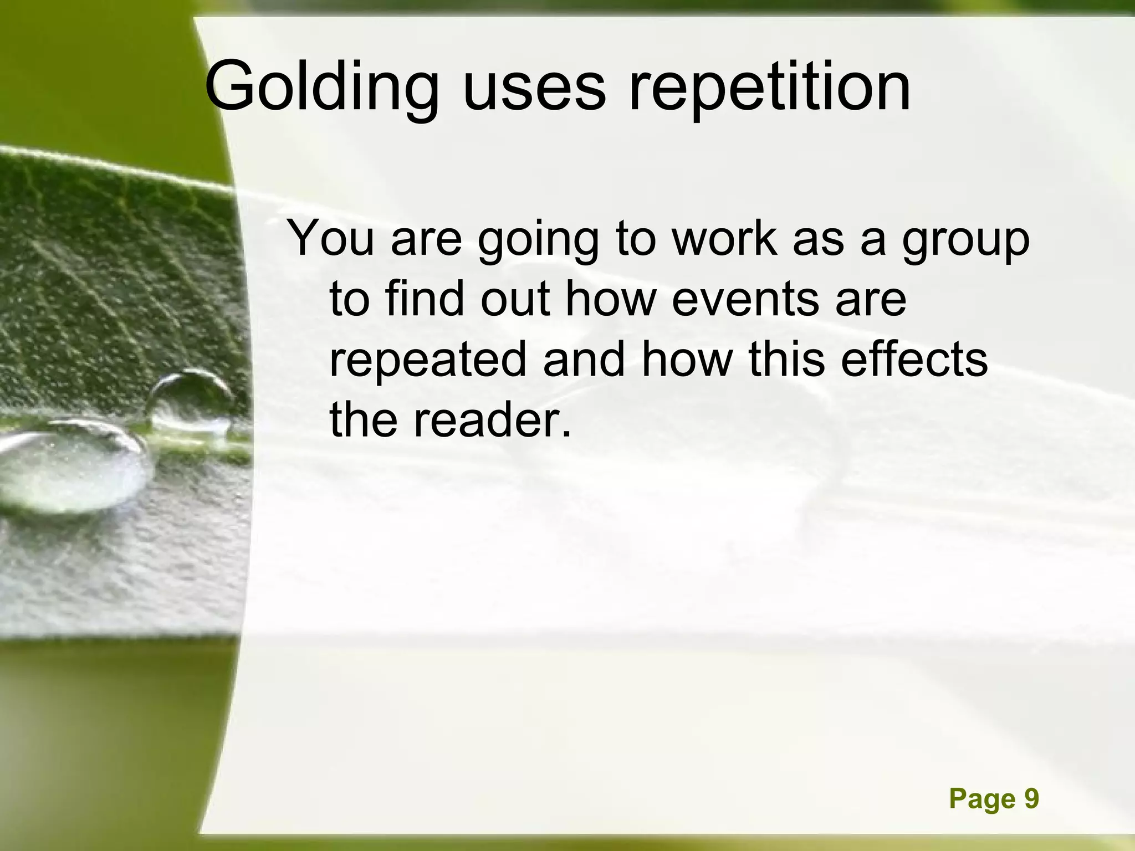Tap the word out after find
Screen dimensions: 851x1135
point(515,299)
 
